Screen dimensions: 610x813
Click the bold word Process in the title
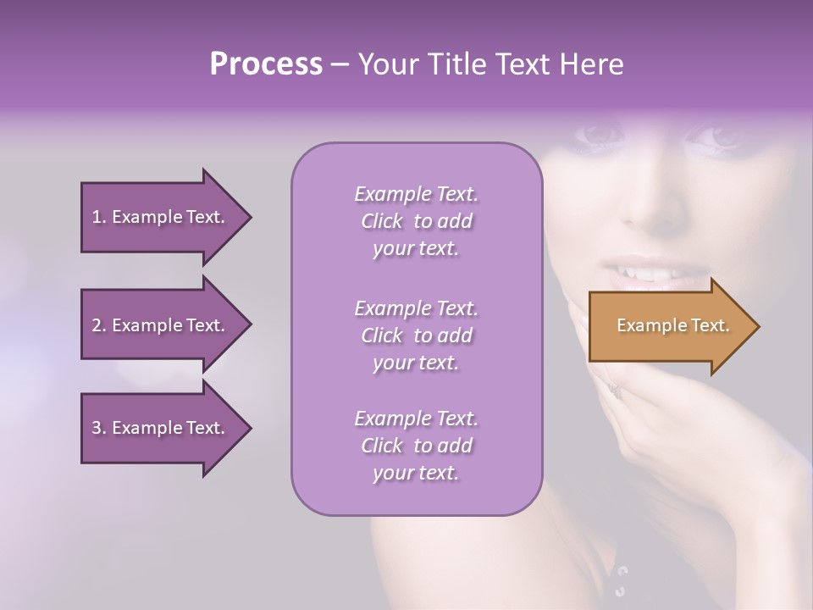coord(266,64)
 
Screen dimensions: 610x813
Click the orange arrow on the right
coord(669,326)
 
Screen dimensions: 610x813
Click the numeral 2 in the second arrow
coord(97,325)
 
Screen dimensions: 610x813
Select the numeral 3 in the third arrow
coord(97,428)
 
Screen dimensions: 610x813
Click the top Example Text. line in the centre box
coord(416,194)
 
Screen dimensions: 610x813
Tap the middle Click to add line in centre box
coord(416,335)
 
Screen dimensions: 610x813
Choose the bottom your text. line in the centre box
coord(416,473)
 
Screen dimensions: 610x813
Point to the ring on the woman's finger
coord(612,388)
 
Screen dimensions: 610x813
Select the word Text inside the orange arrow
coord(711,325)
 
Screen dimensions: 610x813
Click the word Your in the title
coord(388,64)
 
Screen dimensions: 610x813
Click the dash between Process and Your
coord(340,64)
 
